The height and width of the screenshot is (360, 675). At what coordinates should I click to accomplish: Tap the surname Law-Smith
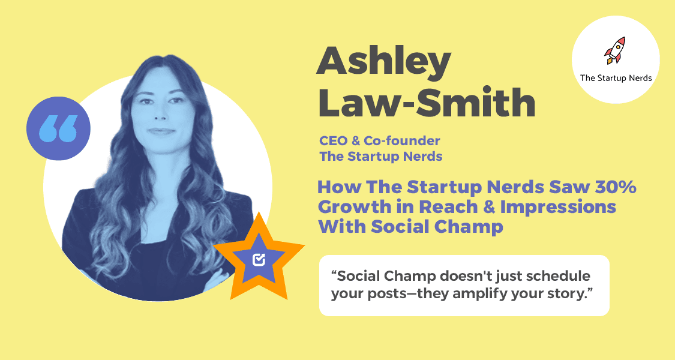coord(425,103)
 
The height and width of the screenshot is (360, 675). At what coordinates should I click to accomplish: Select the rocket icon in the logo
coord(614,50)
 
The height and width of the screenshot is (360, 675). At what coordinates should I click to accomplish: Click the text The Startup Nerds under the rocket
coord(616,77)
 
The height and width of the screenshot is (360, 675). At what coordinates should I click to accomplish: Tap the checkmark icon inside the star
coord(259,259)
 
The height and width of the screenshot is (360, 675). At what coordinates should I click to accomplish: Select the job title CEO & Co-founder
coord(379,142)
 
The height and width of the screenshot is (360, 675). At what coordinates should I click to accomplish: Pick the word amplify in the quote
coord(466,295)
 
